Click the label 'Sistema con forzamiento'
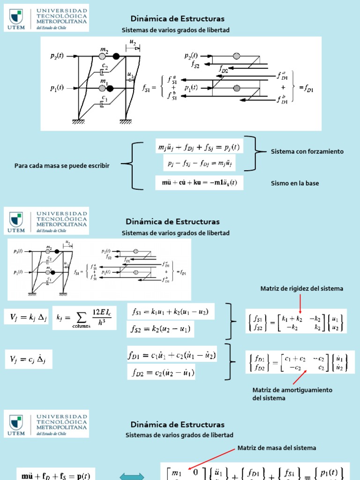click(x=307, y=151)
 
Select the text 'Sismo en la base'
click(x=295, y=183)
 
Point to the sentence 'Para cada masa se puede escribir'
click(x=62, y=165)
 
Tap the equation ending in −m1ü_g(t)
click(x=199, y=183)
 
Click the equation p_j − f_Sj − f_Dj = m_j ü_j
click(x=199, y=163)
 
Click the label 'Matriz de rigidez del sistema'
click(x=302, y=289)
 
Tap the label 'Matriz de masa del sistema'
click(x=277, y=448)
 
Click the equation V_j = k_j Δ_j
click(x=26, y=318)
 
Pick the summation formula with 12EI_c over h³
click(x=85, y=318)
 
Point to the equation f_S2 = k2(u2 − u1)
click(x=161, y=330)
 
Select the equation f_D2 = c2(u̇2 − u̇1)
click(x=161, y=373)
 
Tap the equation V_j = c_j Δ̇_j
click(x=26, y=360)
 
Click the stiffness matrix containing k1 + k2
click(x=296, y=321)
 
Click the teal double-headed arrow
click(x=133, y=476)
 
